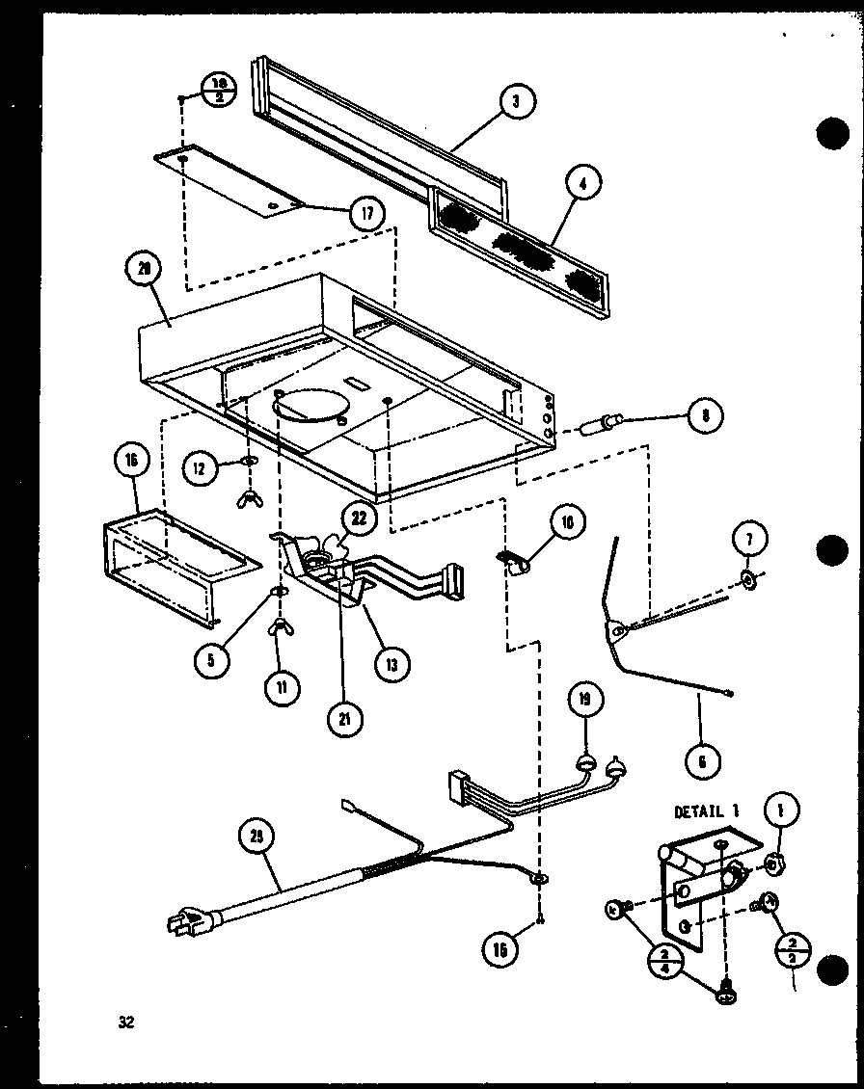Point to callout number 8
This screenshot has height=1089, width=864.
click(706, 417)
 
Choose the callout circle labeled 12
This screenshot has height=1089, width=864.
click(199, 468)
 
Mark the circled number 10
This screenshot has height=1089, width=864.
click(567, 524)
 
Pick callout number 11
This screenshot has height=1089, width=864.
click(283, 687)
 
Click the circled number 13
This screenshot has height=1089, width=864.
click(393, 663)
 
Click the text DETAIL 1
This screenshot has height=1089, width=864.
click(707, 811)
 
